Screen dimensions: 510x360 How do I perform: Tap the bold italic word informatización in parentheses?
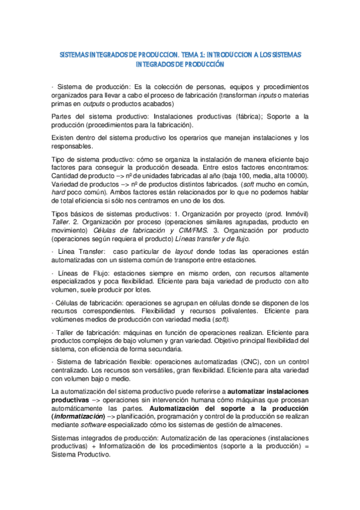(x=81, y=415)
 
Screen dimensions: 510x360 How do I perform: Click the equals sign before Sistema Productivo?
(x=306, y=447)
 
